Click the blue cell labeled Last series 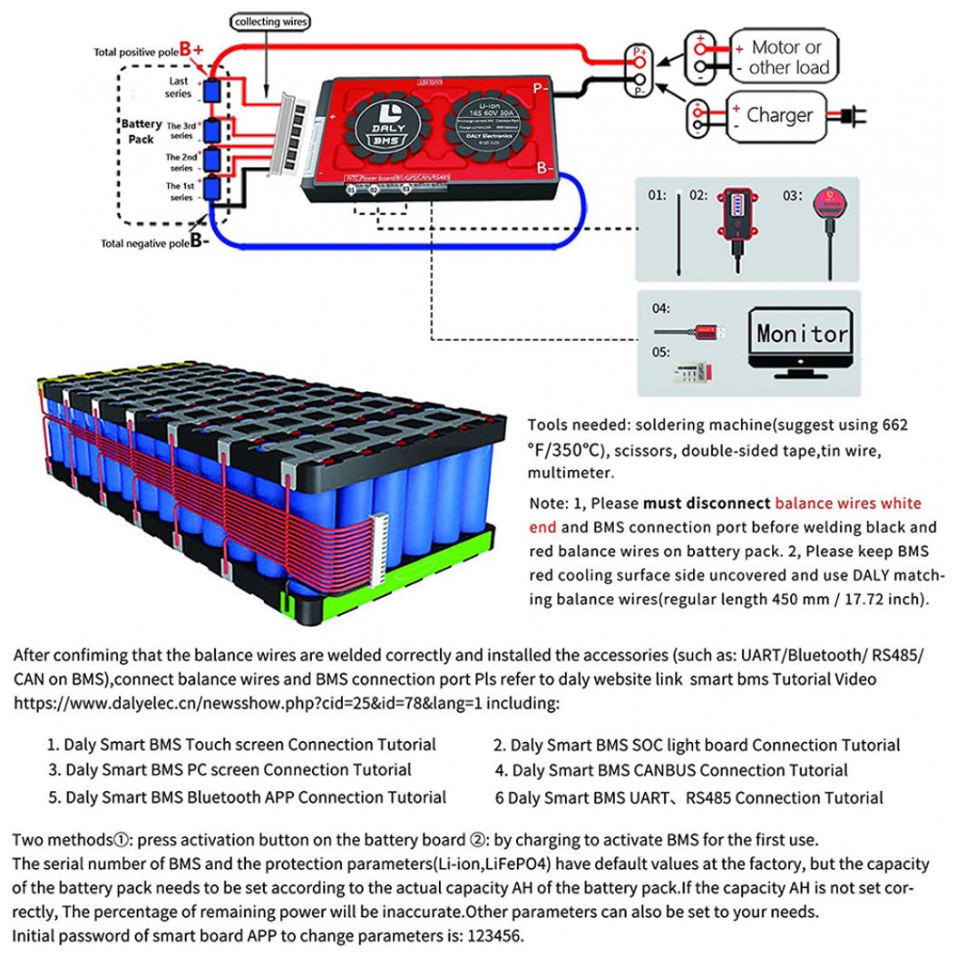click(212, 91)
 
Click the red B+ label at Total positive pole click(191, 49)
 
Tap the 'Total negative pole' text click(144, 243)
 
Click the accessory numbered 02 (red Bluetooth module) click(737, 227)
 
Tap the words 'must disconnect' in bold click(707, 503)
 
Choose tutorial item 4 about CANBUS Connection click(671, 770)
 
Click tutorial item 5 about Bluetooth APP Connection click(247, 797)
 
